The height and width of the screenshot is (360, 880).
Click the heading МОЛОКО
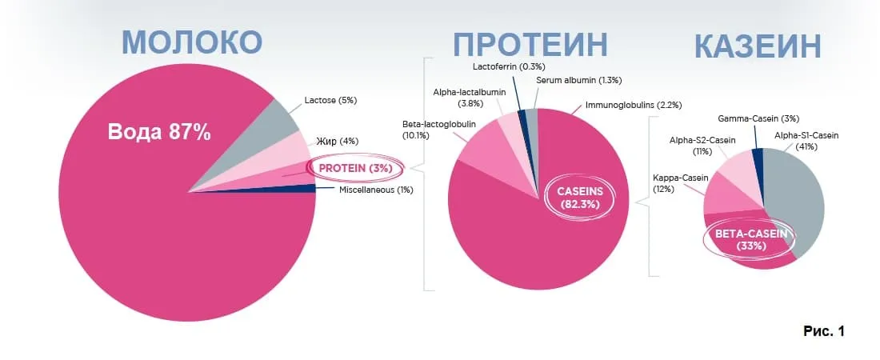(x=192, y=42)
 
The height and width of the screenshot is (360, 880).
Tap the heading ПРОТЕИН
(x=530, y=44)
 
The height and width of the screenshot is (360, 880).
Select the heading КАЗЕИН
(x=758, y=46)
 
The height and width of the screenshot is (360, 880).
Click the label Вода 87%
(x=160, y=133)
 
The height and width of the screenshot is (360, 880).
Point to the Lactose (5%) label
(x=330, y=101)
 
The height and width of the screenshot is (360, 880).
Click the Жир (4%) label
(x=336, y=141)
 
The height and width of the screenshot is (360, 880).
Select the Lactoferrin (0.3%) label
(x=509, y=66)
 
